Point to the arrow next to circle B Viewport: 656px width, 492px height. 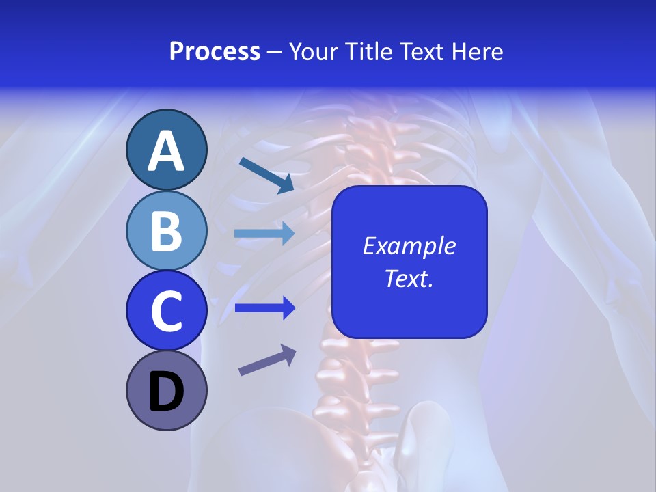[x=264, y=233]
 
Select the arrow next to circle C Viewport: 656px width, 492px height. [x=264, y=308]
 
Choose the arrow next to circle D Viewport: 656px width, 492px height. [x=267, y=361]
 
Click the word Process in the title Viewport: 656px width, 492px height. [x=215, y=52]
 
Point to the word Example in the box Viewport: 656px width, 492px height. [x=409, y=246]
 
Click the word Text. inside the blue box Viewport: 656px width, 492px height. [x=409, y=278]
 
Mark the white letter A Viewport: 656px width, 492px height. [x=166, y=152]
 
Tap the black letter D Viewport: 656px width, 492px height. [x=166, y=393]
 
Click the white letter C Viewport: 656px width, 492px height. [x=166, y=312]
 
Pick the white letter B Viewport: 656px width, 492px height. [x=166, y=231]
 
